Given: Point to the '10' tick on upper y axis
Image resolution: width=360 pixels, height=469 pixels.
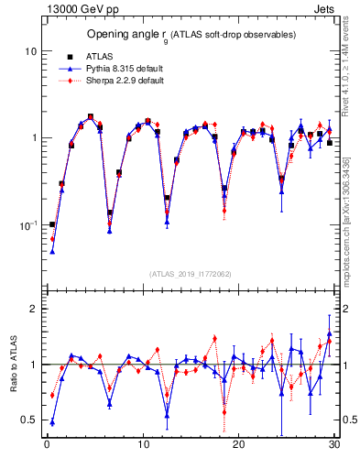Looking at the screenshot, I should (x=30, y=51).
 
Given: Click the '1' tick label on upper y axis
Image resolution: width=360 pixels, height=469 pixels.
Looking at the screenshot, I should (x=33, y=138).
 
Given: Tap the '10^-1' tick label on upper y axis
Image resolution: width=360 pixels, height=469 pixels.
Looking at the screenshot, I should (x=28, y=224).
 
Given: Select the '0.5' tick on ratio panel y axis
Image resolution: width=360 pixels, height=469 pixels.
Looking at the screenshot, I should (x=29, y=420).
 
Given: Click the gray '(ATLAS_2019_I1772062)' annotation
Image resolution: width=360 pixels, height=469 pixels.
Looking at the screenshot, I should (x=190, y=274).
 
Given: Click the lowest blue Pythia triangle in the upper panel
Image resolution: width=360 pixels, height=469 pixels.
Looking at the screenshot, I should (x=52, y=251).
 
